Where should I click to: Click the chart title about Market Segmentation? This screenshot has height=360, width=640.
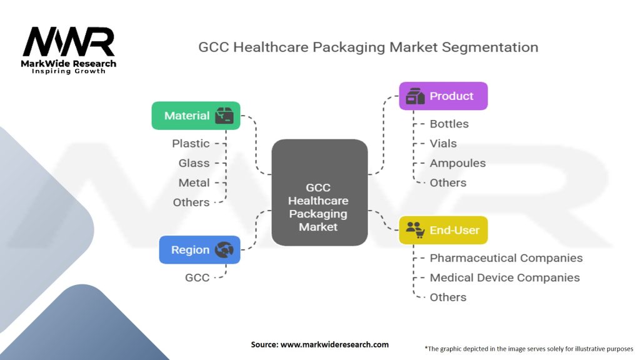pos(368,47)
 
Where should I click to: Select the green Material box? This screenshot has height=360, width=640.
pos(196,116)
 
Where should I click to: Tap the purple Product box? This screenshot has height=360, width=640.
pos(443,96)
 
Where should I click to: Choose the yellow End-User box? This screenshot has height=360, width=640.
pos(443,230)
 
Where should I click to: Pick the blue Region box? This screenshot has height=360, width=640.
pos(199,249)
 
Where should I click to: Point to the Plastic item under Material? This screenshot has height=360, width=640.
pos(191,143)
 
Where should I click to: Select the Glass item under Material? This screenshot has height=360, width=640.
pos(194,163)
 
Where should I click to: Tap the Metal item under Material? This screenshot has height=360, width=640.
pos(194,182)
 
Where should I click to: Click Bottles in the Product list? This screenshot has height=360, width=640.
pos(449,124)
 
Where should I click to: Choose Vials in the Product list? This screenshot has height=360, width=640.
pos(443,143)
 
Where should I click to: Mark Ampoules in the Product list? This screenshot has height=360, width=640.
pos(457,163)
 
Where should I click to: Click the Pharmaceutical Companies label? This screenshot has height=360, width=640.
pos(506,258)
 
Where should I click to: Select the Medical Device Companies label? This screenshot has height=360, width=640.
pos(504,277)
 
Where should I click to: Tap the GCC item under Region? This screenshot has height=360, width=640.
pos(197,277)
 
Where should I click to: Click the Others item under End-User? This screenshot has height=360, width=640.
pos(447,297)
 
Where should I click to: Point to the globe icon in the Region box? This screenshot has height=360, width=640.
pos(223,250)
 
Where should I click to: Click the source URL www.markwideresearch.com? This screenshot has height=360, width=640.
pos(319,344)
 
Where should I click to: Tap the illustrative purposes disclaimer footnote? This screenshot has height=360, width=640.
pos(529,348)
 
